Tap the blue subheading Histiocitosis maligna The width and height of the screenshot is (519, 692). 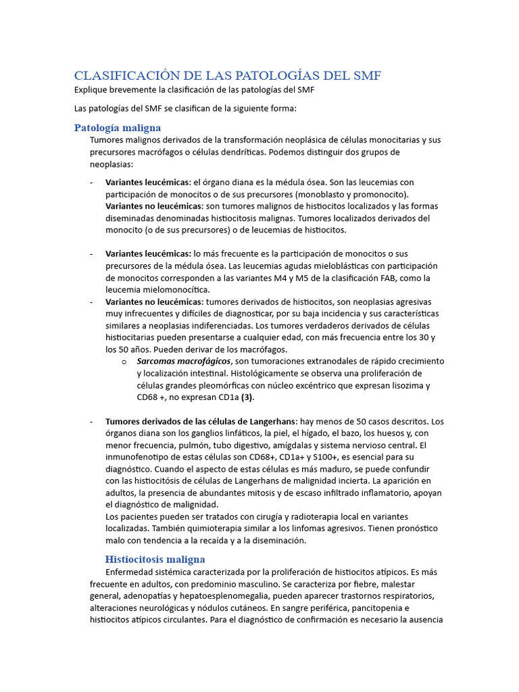click(x=155, y=559)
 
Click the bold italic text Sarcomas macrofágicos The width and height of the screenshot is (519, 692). click(x=184, y=362)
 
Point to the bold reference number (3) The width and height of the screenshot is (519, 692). click(x=247, y=397)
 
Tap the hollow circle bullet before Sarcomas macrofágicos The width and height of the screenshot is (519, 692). click(x=124, y=362)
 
